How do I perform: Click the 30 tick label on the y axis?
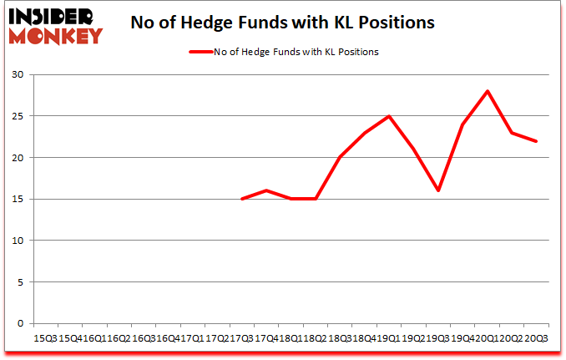tap(17, 75)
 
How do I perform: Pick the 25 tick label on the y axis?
tap(17, 116)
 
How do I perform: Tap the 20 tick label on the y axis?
tap(17, 158)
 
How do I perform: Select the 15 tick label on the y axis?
tap(17, 199)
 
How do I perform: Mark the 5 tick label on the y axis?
tap(19, 282)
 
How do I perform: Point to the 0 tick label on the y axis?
tap(19, 323)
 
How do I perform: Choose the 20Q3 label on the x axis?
tap(537, 338)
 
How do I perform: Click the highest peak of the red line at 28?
tap(487, 91)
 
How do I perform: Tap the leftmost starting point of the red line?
tap(241, 199)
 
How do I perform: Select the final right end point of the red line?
tap(536, 141)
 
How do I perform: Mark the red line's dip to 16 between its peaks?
tap(437, 190)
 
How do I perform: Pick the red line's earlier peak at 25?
tap(389, 116)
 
